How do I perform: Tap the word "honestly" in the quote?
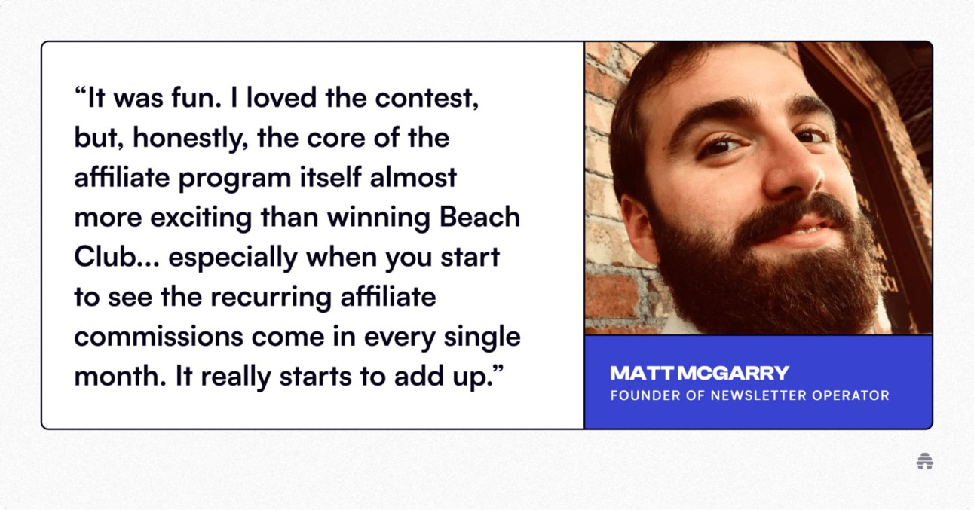tap(190, 139)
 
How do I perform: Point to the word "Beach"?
tap(479, 217)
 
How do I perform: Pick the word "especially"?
tap(233, 258)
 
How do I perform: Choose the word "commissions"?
tap(159, 337)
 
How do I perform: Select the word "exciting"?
tap(201, 218)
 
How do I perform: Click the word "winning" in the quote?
tap(378, 218)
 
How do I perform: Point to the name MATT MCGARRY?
tap(699, 373)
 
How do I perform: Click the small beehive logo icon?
tap(924, 461)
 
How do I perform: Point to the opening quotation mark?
tap(81, 91)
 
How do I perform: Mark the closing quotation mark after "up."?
tap(498, 369)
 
